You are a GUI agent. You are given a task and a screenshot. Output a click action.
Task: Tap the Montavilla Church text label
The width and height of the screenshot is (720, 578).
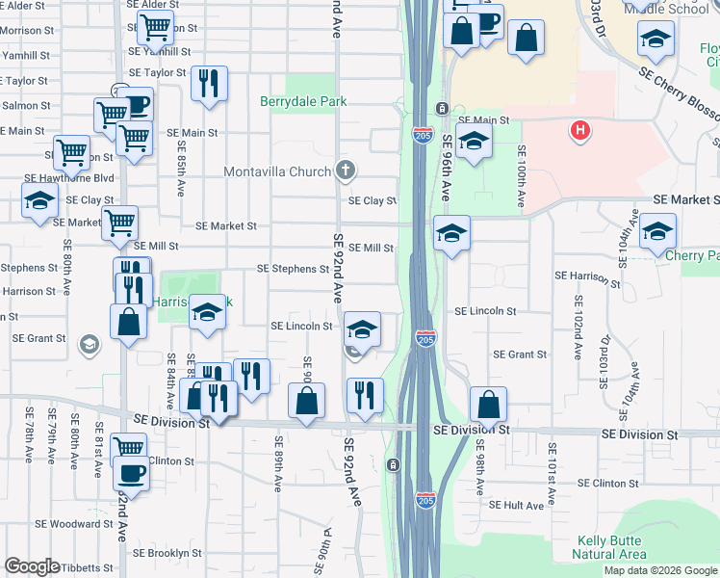pos(277,172)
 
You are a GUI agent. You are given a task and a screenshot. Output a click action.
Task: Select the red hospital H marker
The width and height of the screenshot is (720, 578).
pos(579,130)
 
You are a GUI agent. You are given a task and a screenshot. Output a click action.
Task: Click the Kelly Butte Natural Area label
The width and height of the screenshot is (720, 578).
pos(608,547)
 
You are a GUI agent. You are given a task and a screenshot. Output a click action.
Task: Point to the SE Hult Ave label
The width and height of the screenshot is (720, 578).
pos(519,504)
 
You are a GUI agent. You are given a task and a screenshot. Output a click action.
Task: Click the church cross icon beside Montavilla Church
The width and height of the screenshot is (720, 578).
pos(346,171)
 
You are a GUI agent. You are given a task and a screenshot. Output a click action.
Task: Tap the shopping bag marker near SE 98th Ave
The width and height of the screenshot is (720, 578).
pos(489,405)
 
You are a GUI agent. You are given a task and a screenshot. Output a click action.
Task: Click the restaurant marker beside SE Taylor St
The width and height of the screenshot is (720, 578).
pos(209,84)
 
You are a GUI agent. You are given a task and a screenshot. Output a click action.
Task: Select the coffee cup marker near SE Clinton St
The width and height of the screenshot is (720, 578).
pos(131,474)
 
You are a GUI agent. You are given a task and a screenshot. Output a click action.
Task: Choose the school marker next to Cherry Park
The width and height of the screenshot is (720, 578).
pos(657,231)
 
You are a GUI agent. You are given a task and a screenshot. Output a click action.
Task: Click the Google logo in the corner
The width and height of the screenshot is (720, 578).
pos(32,566)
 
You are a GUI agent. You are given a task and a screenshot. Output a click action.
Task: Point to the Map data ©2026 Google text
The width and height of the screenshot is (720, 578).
pos(660,570)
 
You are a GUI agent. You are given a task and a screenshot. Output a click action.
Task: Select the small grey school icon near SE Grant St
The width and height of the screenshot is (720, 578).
pos(90,344)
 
